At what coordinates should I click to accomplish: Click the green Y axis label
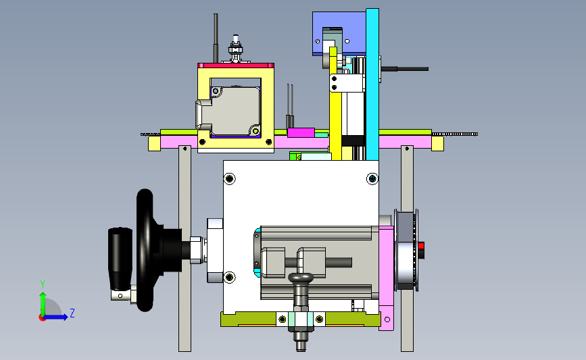(43, 284)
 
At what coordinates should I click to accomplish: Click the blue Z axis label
(72, 313)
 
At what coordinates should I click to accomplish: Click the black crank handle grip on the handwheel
(120, 259)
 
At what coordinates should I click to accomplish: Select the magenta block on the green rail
(301, 132)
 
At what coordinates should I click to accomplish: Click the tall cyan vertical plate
(372, 84)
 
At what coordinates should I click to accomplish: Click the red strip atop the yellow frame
(236, 66)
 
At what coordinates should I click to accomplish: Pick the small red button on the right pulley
(421, 246)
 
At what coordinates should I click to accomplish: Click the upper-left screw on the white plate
(230, 178)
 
